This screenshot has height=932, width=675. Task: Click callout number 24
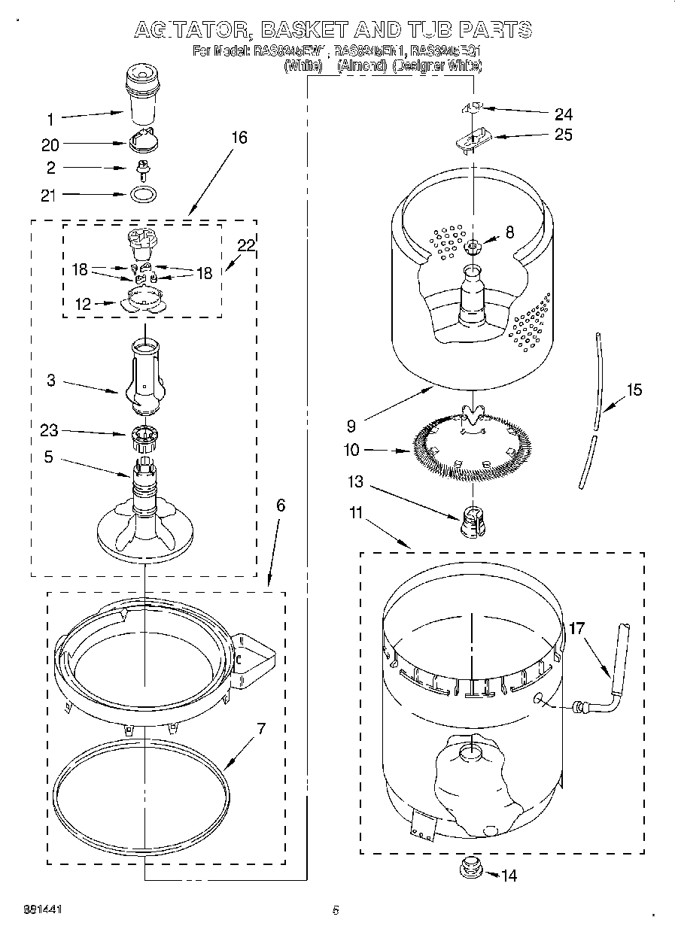pos(563,114)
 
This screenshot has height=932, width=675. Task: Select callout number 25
pos(563,135)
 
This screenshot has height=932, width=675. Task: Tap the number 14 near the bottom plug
pos(509,876)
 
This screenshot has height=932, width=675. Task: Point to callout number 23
pos(50,431)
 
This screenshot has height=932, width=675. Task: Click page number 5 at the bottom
pos(336,909)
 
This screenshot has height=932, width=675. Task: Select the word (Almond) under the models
pos(362,66)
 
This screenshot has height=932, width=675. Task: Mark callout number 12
pos(82,304)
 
